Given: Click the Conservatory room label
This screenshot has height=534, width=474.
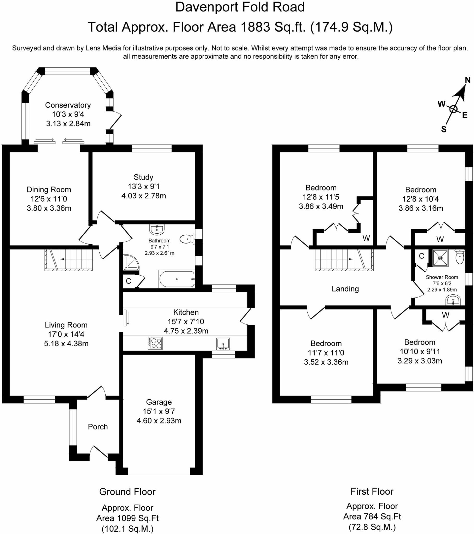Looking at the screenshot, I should [x=68, y=105].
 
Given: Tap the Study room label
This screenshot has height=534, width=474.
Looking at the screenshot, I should [x=143, y=177].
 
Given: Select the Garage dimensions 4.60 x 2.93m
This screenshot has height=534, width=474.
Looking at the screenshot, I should [x=159, y=421].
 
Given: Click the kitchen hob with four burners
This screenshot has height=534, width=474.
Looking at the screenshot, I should [x=155, y=343].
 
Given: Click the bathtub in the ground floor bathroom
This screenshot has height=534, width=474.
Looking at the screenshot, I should [x=177, y=279].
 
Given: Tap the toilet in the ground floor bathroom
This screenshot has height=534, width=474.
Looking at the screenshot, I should [x=187, y=239].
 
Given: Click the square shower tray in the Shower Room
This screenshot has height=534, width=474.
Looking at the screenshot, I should [x=440, y=258].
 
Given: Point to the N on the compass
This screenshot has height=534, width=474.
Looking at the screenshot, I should [x=467, y=80].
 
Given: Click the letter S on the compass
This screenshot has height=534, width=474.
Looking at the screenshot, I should [x=443, y=129].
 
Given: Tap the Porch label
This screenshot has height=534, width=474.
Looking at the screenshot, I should [x=98, y=427].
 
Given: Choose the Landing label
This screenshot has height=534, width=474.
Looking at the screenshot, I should [x=345, y=289].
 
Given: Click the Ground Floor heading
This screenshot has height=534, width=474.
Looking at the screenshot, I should [x=127, y=492].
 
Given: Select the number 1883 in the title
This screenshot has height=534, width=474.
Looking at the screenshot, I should [x=255, y=27].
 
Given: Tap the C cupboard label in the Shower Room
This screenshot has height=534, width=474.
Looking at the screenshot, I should [x=422, y=256].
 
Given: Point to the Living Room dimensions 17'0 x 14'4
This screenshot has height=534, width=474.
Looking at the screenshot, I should [x=66, y=334].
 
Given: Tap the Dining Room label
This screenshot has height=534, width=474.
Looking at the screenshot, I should [x=49, y=189].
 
